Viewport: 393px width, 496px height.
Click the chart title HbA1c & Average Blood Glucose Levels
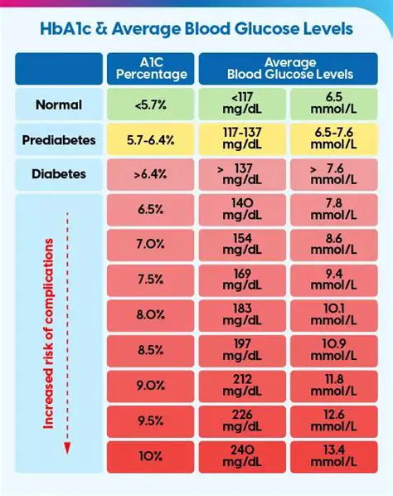tap(196, 28)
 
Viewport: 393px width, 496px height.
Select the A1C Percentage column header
tap(150, 68)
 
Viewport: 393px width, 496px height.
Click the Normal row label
tap(57, 105)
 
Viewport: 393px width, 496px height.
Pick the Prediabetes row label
tap(57, 140)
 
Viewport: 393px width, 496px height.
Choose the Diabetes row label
tap(57, 175)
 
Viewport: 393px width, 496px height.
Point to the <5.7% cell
tap(150, 105)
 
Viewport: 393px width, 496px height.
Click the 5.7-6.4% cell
tap(150, 140)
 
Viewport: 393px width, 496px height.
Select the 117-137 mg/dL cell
tap(241, 140)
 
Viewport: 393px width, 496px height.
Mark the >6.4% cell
tap(150, 175)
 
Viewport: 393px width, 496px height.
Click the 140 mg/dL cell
tap(241, 210)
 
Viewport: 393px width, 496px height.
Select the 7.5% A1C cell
tap(150, 280)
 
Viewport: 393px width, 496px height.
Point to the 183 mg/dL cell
tap(241, 314)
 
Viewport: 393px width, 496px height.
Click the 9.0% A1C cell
tap(150, 385)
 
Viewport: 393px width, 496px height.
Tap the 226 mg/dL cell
tap(241, 420)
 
